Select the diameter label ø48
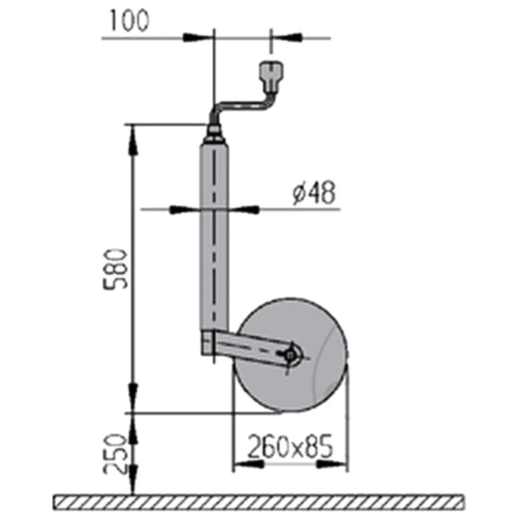[313, 194]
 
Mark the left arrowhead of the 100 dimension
[197, 38]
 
